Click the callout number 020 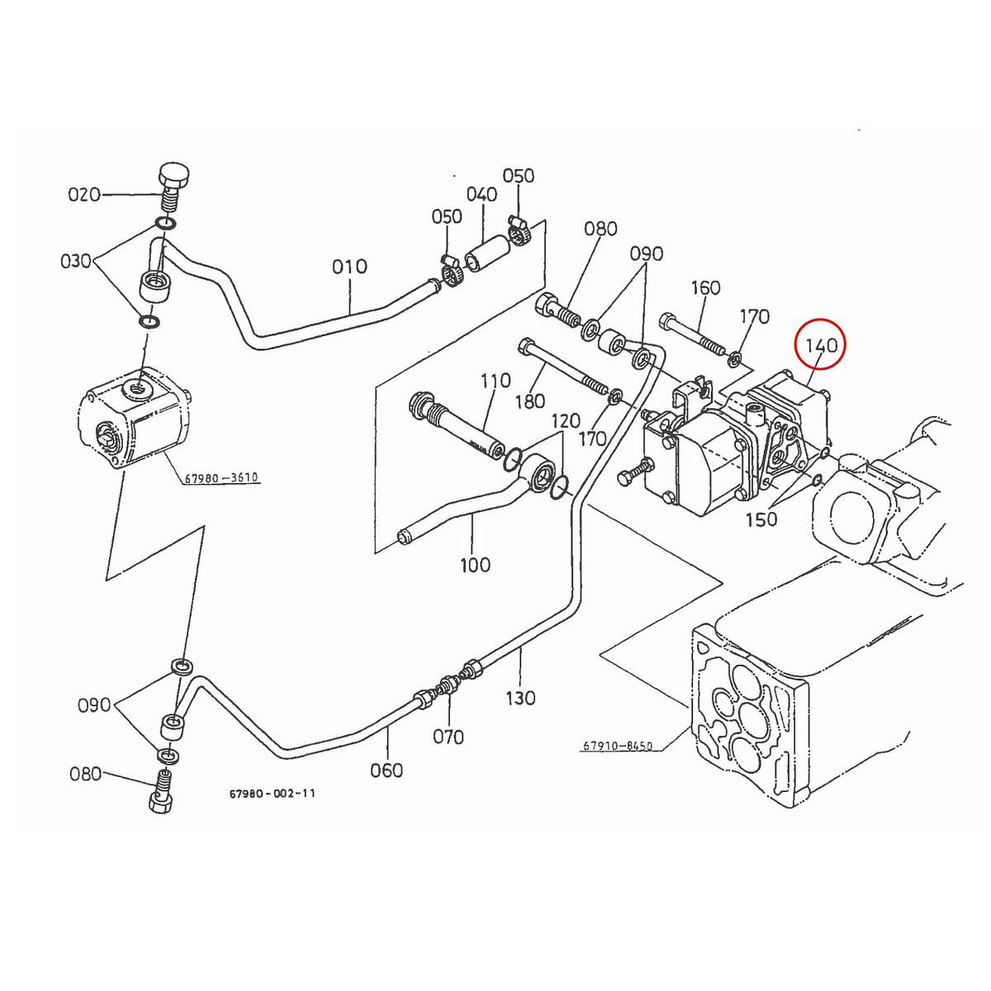click(83, 195)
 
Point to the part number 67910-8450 click(617, 746)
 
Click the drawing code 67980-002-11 click(272, 793)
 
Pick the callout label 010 click(349, 267)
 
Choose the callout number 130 click(520, 698)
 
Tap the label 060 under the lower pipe click(386, 770)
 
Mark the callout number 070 click(448, 736)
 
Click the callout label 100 click(474, 565)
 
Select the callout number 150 click(761, 519)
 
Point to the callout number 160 click(704, 288)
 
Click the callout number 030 click(76, 262)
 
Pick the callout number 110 click(495, 381)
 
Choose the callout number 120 click(566, 420)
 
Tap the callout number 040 click(481, 195)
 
